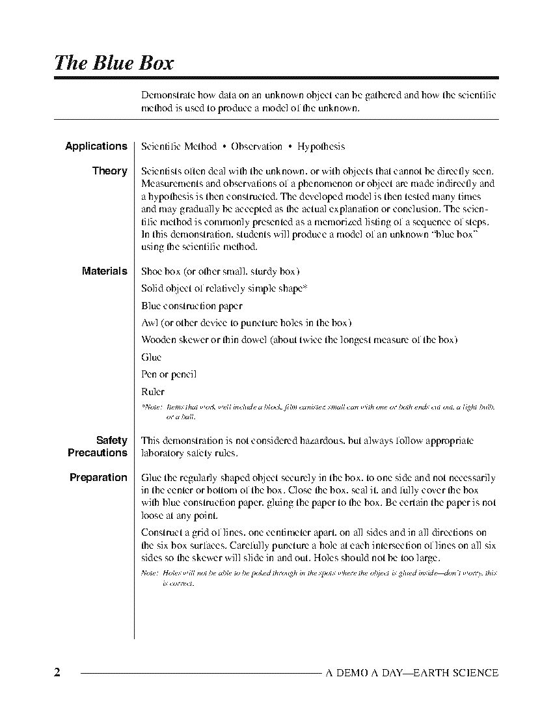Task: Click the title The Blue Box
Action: pos(115,62)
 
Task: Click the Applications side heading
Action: pos(96,146)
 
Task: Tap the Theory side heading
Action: pos(110,171)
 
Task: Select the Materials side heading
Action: pos(105,271)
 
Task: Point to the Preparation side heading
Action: pos(98,477)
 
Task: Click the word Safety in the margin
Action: pos(112,441)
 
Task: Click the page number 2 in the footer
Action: pos(57,673)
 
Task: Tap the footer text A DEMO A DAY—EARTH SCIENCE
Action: pos(412,673)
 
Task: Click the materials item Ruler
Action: pos(153,392)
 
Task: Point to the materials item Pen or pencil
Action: pos(169,374)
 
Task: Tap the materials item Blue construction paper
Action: pos(192,306)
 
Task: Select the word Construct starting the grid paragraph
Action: pos(162,533)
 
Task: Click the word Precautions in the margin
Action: pos(98,452)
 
